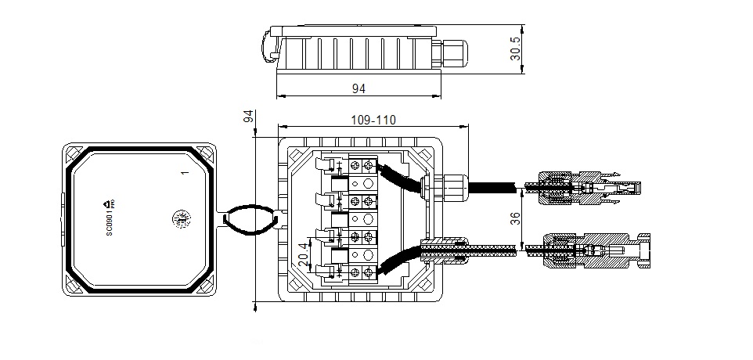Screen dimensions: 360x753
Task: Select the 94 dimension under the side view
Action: [358, 89]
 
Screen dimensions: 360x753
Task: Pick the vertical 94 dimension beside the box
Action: [249, 117]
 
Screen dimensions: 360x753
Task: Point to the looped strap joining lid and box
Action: [250, 220]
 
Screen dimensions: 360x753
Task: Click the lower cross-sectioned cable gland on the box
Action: [446, 249]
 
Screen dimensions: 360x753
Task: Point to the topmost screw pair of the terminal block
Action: [362, 165]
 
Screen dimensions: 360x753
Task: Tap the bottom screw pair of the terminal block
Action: [362, 272]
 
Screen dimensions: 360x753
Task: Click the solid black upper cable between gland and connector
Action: [493, 188]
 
